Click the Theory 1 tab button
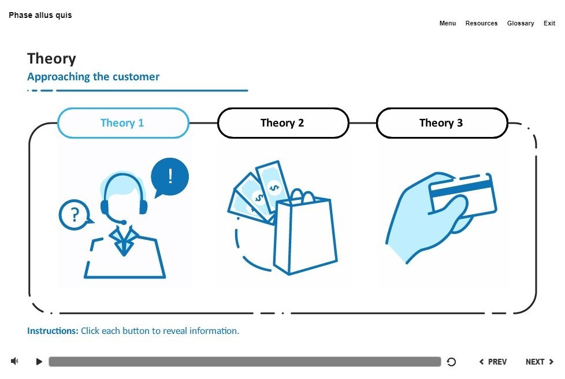point(123,123)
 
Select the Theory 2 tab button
point(282,123)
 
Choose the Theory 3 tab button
point(441,123)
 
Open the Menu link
point(448,23)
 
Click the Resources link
point(481,23)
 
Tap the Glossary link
point(521,23)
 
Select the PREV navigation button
point(493,362)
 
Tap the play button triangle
point(39,362)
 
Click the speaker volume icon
point(14,361)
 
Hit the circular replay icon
point(452,362)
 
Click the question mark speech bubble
point(75,215)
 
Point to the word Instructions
point(53,331)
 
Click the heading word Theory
point(51,58)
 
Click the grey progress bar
point(244,362)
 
